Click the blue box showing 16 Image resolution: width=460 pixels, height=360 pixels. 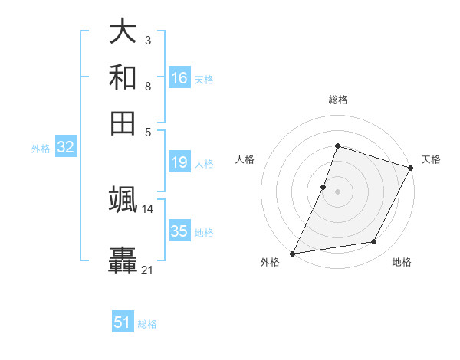(x=179, y=78)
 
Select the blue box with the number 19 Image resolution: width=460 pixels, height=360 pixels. (x=179, y=162)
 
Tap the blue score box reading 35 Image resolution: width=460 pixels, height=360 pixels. (x=179, y=231)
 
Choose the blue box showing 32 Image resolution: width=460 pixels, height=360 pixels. (x=65, y=148)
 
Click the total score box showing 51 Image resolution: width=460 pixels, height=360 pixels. (x=123, y=323)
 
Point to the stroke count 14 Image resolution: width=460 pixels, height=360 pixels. (x=148, y=208)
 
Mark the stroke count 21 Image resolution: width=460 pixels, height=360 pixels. (x=148, y=270)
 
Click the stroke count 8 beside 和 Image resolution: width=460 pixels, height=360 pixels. (x=148, y=86)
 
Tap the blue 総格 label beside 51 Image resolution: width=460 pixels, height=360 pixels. (x=147, y=324)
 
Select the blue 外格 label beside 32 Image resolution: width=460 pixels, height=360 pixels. (x=41, y=149)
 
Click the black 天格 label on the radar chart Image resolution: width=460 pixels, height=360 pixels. (x=431, y=159)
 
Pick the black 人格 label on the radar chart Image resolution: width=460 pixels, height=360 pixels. (x=245, y=159)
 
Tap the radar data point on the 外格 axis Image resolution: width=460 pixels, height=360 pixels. (x=293, y=253)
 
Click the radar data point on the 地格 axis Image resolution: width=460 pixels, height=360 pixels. (x=374, y=242)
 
